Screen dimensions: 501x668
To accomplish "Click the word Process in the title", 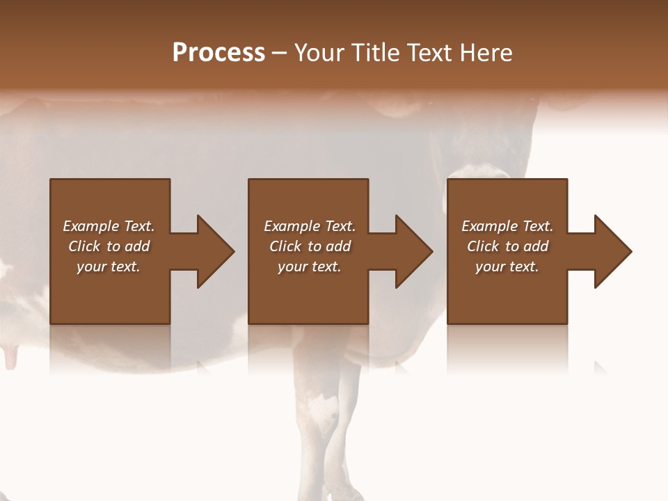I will tap(218, 53).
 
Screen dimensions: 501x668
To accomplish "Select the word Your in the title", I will tap(317, 53).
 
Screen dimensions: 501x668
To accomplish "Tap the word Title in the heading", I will tap(373, 53).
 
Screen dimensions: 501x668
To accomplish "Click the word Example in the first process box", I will tap(90, 226).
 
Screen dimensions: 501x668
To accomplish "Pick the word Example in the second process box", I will tap(292, 226).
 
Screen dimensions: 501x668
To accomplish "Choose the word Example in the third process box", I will tap(489, 226).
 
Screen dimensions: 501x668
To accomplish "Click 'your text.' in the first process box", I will tap(109, 267).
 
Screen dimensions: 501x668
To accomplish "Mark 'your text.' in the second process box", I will tap(310, 267).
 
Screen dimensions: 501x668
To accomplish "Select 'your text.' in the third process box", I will tap(507, 267).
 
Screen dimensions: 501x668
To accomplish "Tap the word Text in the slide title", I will tap(430, 53).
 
